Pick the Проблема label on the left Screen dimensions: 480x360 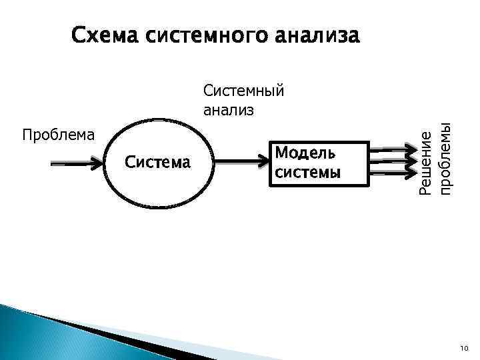[x=58, y=135]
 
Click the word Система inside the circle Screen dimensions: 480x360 [x=157, y=162]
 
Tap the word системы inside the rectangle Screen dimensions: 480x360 [x=307, y=172]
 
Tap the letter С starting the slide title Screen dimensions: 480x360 [x=79, y=35]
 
